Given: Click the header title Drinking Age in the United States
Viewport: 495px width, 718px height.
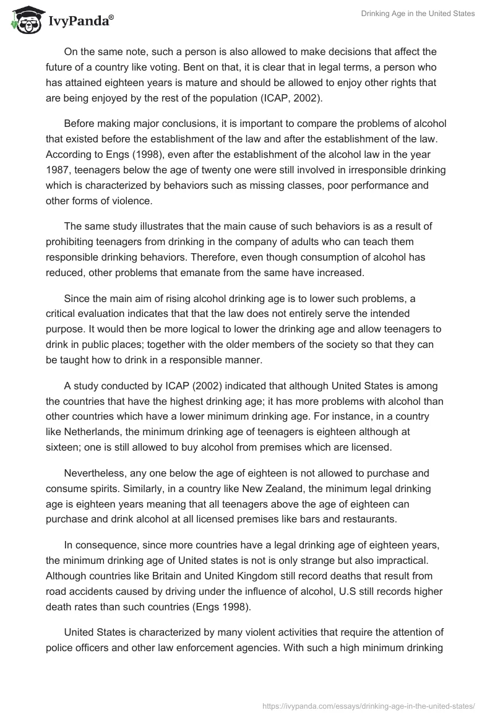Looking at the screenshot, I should (418, 14).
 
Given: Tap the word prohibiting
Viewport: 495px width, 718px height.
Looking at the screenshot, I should (72, 241).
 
